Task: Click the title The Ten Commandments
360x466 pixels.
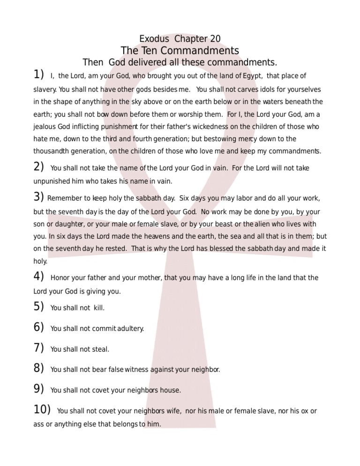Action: pyautogui.click(x=180, y=51)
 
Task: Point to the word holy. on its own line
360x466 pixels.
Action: pyautogui.click(x=40, y=262)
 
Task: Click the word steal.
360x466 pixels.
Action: pyautogui.click(x=101, y=349)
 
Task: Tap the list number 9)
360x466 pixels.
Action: pyautogui.click(x=38, y=389)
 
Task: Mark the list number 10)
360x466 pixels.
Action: pyautogui.click(x=42, y=409)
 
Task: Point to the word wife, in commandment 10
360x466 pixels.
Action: pyautogui.click(x=173, y=411)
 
